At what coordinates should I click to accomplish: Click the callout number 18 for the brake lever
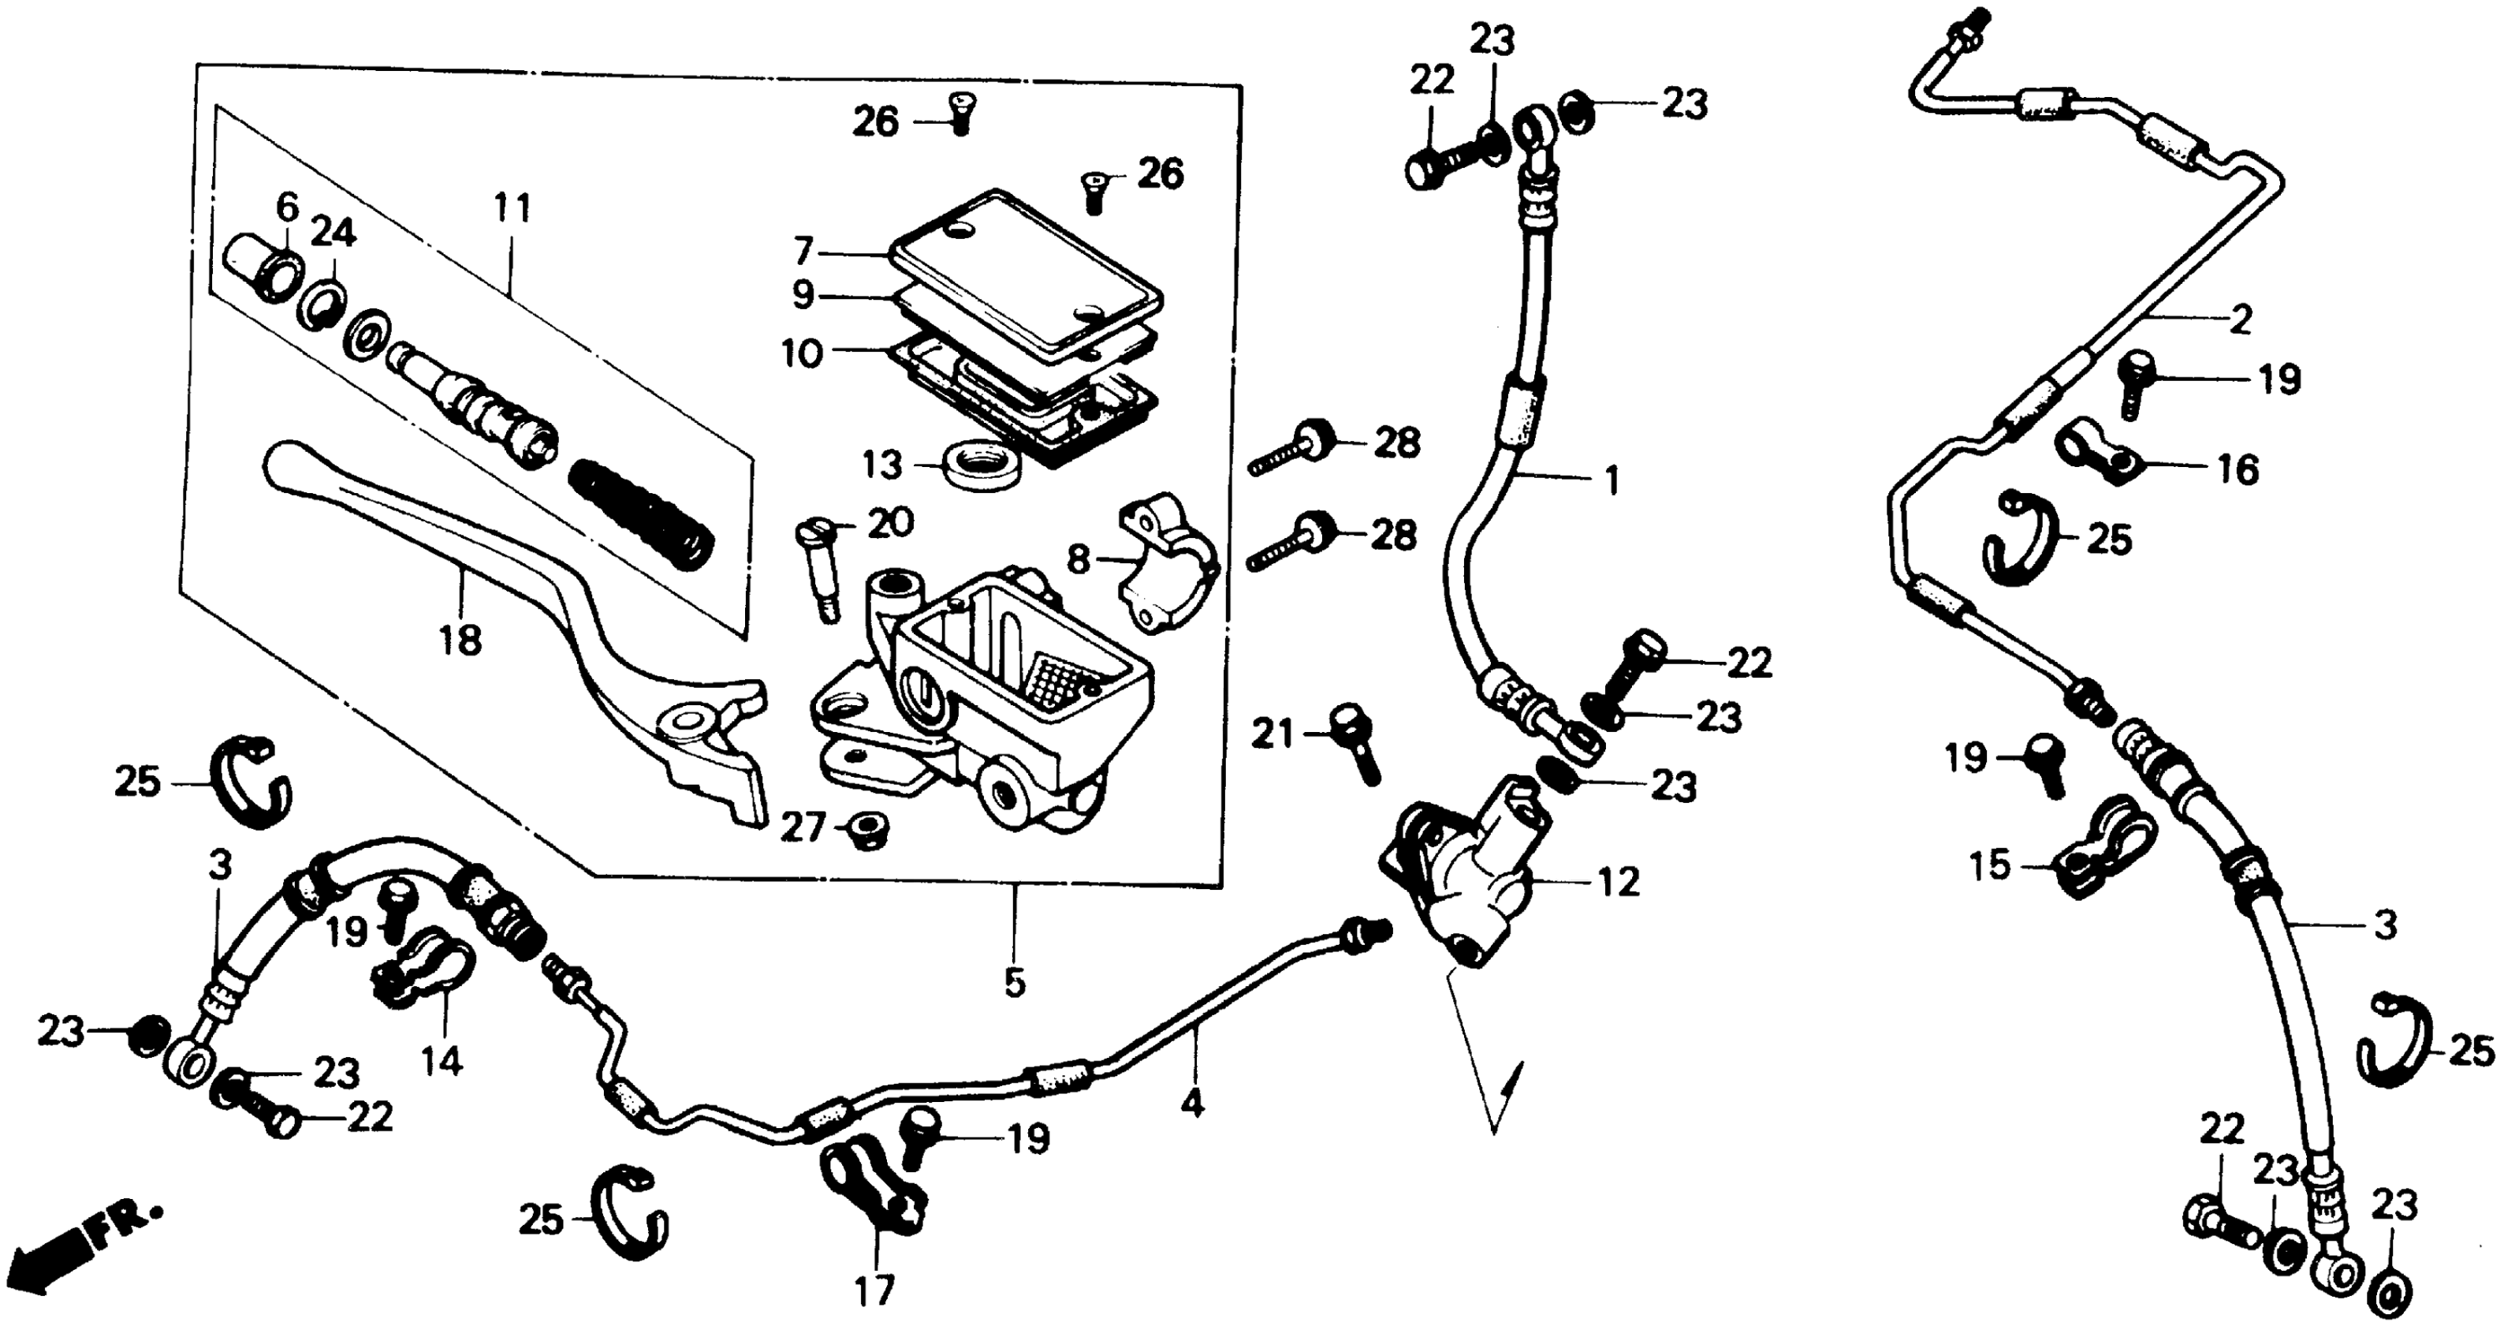[460, 641]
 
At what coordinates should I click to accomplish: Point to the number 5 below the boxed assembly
[1015, 982]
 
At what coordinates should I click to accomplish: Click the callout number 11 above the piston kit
[512, 209]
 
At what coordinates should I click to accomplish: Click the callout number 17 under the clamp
[875, 1291]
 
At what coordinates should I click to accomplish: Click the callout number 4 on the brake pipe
[1191, 1104]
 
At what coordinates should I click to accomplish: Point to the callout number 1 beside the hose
[1612, 481]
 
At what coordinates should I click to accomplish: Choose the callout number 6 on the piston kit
[286, 208]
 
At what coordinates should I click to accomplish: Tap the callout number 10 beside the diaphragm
[802, 353]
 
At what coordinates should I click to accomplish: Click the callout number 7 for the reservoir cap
[804, 252]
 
